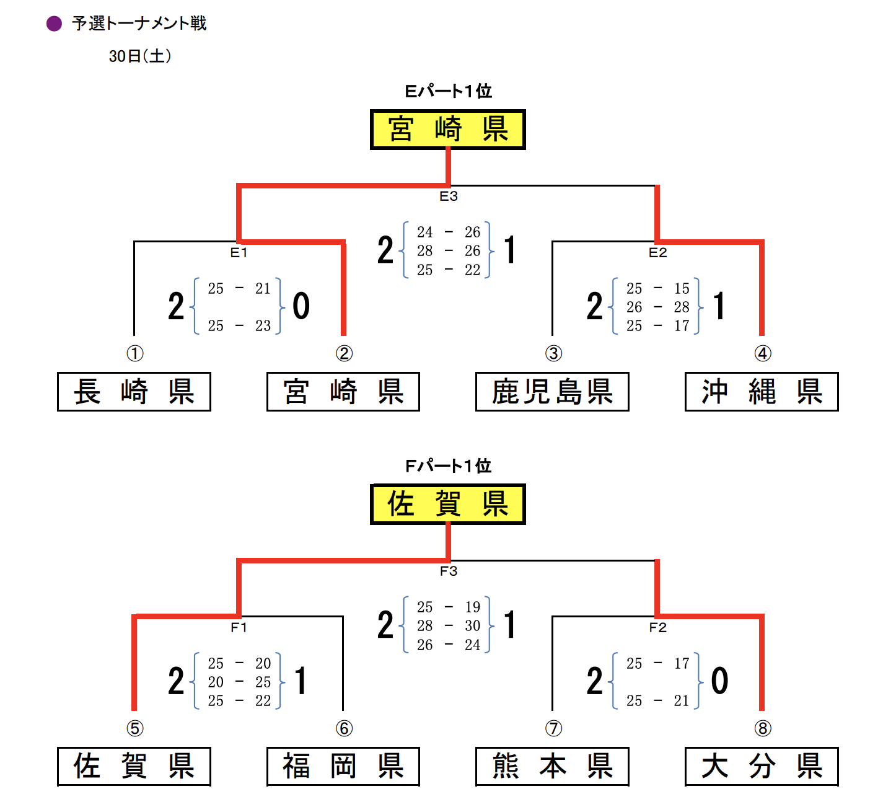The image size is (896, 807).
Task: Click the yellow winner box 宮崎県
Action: [x=447, y=130]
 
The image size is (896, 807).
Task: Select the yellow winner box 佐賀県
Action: [x=447, y=504]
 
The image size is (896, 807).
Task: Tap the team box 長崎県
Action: [x=134, y=392]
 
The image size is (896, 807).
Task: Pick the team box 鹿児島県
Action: [x=552, y=392]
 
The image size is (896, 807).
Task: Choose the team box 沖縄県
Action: [x=762, y=392]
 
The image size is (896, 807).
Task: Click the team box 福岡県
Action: [x=343, y=767]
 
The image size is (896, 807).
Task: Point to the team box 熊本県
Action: [x=552, y=767]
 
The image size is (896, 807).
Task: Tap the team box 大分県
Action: [x=762, y=767]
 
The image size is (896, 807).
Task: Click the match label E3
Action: [x=449, y=196]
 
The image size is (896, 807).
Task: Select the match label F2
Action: [x=657, y=628]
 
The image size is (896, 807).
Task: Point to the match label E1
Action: [x=239, y=253]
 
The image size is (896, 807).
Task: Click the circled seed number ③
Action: [x=553, y=353]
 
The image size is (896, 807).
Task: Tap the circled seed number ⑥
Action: [x=344, y=728]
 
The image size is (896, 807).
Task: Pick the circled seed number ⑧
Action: [x=763, y=728]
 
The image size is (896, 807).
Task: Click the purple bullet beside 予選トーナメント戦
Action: [x=55, y=24]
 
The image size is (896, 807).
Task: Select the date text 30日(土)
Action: [x=140, y=56]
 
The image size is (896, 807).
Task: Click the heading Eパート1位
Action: [x=448, y=91]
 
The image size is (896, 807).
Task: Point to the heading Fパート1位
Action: [x=448, y=466]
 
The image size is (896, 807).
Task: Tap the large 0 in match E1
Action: [x=301, y=306]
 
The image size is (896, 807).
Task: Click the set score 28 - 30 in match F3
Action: [x=449, y=626]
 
